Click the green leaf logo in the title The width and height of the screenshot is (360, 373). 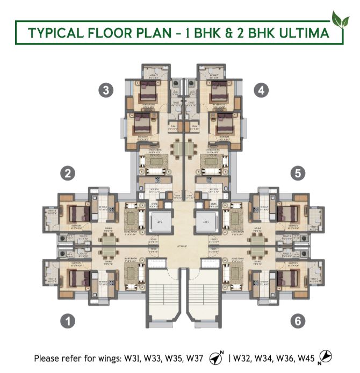(340, 19)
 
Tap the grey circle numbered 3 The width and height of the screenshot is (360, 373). (107, 91)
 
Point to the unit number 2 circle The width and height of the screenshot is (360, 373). (67, 173)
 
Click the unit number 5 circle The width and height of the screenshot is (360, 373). (298, 173)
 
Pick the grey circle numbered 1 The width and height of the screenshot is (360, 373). (67, 321)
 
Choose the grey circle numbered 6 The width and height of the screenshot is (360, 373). (299, 321)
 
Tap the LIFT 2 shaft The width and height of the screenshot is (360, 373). (205, 222)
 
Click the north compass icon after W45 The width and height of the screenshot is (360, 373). (325, 356)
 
